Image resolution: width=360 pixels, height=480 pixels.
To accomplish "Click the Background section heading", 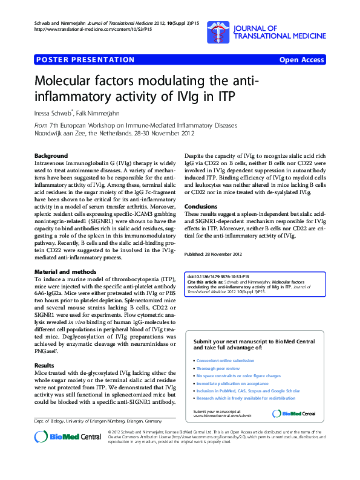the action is pos(51,156).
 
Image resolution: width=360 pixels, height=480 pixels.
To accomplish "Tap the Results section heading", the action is pos(44,366).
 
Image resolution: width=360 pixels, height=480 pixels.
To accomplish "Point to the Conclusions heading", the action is pos(201,206).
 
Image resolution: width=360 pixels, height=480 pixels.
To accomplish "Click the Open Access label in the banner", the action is pos(301,60).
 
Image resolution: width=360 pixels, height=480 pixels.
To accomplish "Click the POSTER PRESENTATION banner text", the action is pos(85,60).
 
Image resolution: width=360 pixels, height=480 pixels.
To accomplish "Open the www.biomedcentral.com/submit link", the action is pos(220,417).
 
